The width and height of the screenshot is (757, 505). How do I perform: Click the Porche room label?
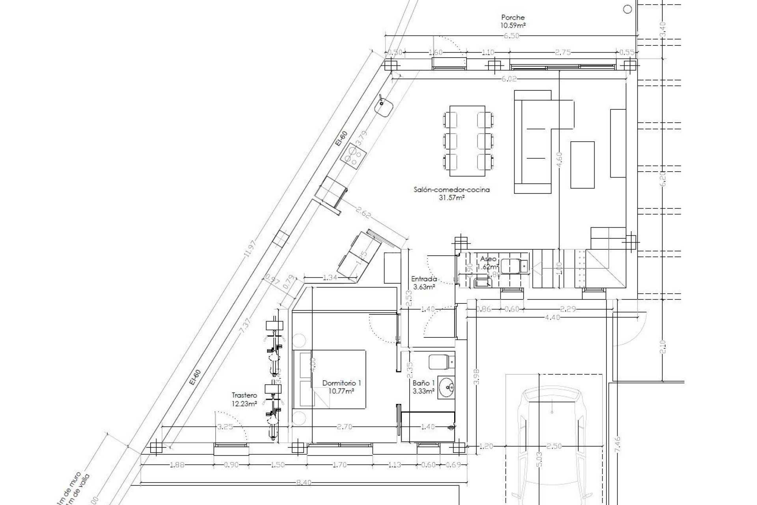point(513,17)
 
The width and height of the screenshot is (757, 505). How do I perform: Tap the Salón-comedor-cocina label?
point(451,190)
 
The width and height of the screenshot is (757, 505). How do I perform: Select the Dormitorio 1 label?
point(341,383)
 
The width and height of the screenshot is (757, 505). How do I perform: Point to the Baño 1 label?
point(423,383)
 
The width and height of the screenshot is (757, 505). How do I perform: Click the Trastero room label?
point(244,395)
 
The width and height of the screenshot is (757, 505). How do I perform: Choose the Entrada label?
point(423,279)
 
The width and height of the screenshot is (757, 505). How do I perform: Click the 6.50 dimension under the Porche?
point(511,36)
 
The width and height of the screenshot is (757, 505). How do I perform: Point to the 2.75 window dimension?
point(563,52)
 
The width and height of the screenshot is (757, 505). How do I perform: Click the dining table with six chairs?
point(467,141)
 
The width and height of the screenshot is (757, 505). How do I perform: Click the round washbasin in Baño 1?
point(446,388)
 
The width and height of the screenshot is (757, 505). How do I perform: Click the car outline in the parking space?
point(552,446)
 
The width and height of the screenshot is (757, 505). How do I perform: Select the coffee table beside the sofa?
point(582,165)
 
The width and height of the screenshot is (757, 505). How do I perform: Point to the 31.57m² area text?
point(451,198)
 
